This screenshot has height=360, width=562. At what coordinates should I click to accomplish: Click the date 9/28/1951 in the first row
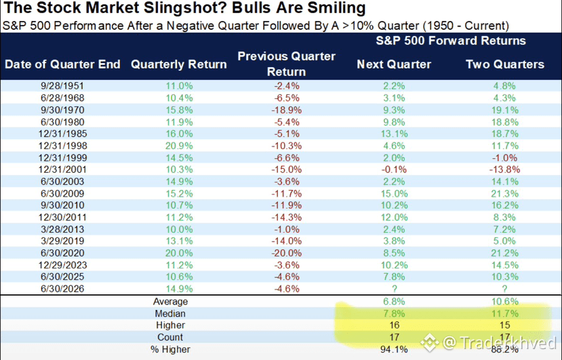[x=62, y=86]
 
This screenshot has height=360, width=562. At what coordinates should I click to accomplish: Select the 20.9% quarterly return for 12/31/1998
[x=179, y=146]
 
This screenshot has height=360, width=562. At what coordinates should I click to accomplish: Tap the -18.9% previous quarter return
[x=286, y=110]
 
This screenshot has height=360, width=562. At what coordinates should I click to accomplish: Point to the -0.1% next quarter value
[x=394, y=169]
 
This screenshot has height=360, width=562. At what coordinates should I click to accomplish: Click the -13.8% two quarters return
[x=504, y=169]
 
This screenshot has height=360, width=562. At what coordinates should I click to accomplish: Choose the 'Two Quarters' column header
[x=505, y=64]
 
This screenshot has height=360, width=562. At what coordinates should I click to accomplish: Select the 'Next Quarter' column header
[x=394, y=64]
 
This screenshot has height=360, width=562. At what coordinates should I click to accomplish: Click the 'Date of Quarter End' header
[x=62, y=64]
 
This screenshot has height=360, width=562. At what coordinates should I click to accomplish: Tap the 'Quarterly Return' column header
[x=179, y=64]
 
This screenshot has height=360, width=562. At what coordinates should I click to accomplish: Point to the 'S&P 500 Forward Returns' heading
[x=451, y=41]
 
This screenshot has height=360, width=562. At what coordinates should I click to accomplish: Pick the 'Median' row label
[x=170, y=314]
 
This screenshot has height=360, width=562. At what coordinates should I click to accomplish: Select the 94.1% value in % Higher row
[x=394, y=349]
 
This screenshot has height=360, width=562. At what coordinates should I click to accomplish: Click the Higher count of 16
[x=395, y=325]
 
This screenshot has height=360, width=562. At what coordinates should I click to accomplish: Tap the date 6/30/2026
[x=62, y=289]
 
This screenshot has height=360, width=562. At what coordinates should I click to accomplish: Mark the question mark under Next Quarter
[x=395, y=289]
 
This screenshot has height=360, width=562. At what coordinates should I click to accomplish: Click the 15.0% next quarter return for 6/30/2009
[x=394, y=194]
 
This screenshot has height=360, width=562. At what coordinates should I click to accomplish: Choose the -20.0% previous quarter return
[x=286, y=253]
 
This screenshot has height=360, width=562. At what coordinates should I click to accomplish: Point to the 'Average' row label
[x=170, y=302]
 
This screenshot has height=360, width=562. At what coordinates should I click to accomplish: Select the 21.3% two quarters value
[x=504, y=194]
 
